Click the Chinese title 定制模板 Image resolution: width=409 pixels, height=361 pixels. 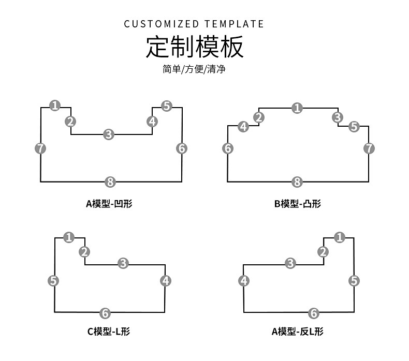coord(194,47)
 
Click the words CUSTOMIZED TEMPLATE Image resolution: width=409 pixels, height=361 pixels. coord(194,24)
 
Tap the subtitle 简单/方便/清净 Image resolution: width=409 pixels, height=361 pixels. coord(194,69)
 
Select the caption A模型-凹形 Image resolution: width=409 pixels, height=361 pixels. coord(109,204)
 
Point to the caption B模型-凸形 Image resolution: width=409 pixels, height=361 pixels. coord(298,204)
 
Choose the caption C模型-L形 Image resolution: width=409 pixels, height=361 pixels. coord(108,332)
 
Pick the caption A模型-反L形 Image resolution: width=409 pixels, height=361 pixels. coord(298,332)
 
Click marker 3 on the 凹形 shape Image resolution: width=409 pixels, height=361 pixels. coord(108,134)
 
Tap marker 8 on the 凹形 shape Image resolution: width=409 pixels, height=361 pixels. coord(110,182)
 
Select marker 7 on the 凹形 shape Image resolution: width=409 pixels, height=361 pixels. coord(40,148)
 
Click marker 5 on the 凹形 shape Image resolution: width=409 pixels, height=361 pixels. coord(166,106)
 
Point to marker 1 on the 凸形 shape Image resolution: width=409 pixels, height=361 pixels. coord(297,108)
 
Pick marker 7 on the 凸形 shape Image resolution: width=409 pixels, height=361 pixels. coord(369,148)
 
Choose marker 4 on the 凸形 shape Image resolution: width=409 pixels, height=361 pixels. coord(243,126)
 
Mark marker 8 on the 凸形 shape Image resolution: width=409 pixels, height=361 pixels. coord(297,182)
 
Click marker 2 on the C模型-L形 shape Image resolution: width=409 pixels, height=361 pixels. coord(84,252)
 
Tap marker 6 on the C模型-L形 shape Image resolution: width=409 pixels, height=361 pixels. coord(105,313)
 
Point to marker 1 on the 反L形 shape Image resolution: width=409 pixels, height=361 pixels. coord(340,237)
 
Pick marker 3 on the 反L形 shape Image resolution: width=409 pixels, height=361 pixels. coord(290,263)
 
